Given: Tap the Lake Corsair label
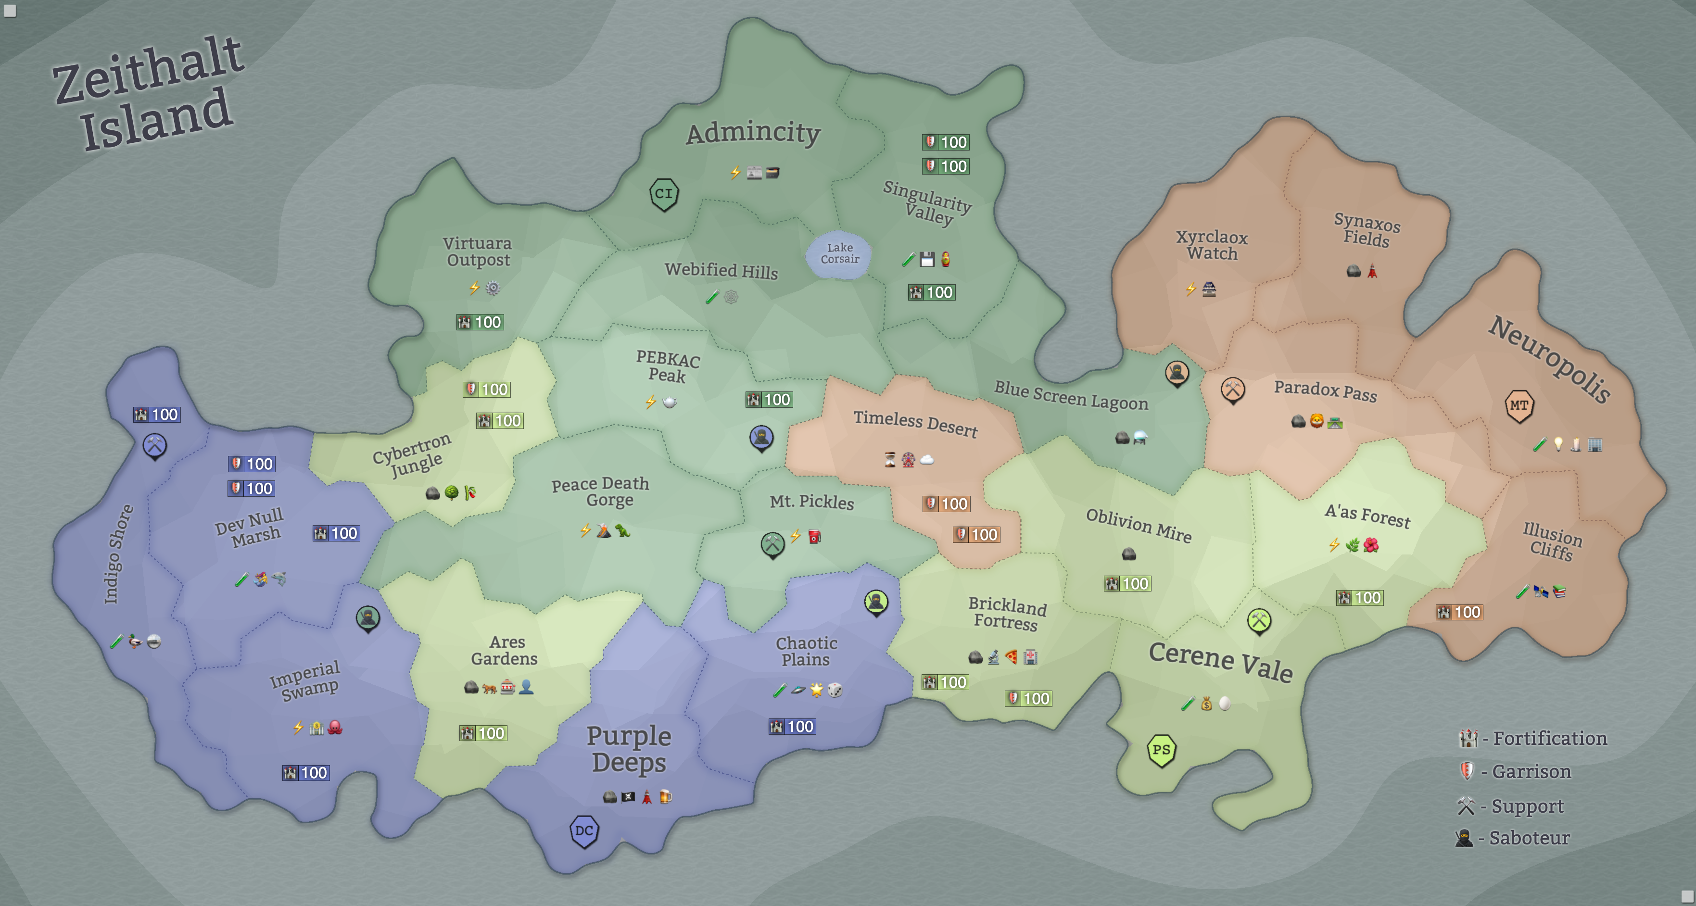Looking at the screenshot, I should click(839, 253).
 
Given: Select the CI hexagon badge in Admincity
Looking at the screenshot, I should click(664, 194).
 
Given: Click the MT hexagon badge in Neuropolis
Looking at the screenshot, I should click(1519, 405).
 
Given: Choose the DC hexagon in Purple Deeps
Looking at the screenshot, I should click(583, 831).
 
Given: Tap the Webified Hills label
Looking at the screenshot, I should click(721, 271).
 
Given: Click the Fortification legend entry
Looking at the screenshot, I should click(1533, 739).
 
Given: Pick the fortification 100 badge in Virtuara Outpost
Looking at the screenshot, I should click(480, 322).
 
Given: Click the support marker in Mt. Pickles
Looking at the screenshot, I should click(772, 544).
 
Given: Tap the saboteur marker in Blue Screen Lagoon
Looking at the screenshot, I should click(1177, 373).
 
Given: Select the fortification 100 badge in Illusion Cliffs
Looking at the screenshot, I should click(1459, 612).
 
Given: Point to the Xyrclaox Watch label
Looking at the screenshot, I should click(1212, 245).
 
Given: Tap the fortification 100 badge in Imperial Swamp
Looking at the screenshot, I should click(305, 773).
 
